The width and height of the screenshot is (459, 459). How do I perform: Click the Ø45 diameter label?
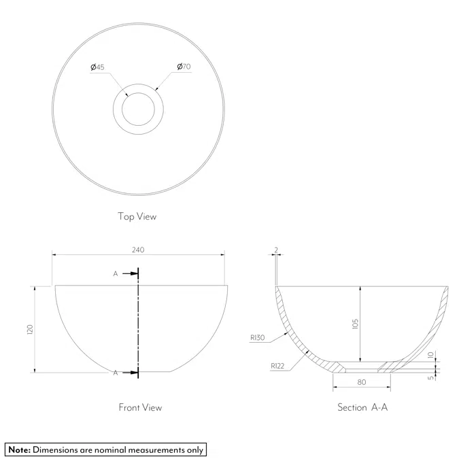97,67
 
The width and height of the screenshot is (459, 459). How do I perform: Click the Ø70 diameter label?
184,67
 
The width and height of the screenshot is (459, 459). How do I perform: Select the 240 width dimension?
138,250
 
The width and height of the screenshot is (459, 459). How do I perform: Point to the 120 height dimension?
30,329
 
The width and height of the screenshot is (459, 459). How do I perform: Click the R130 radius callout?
257,337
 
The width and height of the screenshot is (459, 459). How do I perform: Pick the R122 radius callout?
277,366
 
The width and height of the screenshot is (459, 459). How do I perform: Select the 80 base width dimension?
362,382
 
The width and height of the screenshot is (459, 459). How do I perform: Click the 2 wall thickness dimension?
275,250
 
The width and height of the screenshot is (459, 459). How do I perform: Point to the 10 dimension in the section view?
430,355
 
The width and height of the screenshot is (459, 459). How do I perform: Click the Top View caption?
137,217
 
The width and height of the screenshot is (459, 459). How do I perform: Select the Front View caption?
140,407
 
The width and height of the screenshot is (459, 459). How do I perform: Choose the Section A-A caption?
362,407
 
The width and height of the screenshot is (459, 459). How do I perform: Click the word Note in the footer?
19,449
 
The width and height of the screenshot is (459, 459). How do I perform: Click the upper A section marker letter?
116,273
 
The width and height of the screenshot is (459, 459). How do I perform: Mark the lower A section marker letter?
116,373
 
